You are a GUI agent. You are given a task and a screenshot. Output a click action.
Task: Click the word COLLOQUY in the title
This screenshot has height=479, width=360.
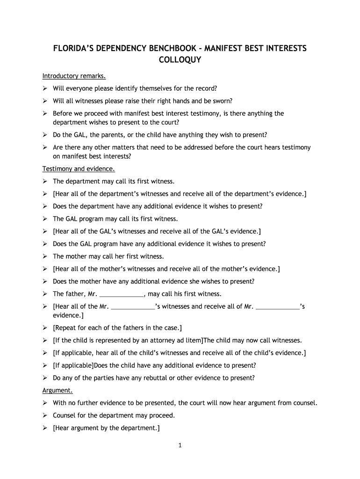point(180,60)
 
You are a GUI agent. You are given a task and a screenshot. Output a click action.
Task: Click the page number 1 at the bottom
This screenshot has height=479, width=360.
point(180,445)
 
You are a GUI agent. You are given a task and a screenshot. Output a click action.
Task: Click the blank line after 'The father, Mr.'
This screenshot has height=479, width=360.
point(122,294)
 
